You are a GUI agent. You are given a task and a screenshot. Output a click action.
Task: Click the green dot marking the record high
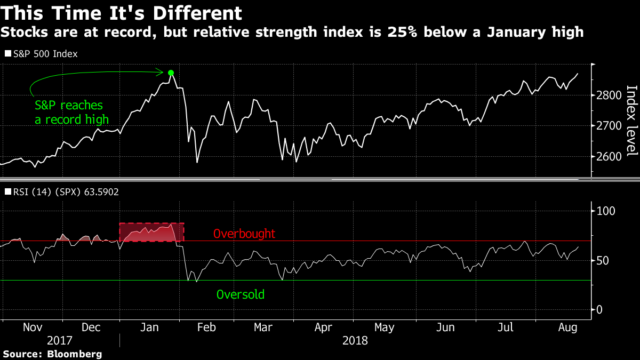(171, 73)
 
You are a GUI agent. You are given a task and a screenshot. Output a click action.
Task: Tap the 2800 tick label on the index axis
(609, 95)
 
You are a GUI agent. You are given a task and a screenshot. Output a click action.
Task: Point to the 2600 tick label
(609, 157)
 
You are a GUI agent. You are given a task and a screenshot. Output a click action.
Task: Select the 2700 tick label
(609, 126)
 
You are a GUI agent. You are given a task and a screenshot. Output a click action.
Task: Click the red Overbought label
(244, 234)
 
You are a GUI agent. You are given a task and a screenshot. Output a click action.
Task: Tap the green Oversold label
(241, 294)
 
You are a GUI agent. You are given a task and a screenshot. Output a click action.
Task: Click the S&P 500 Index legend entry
(42, 54)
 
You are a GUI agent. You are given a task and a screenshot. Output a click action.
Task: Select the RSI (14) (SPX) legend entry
(62, 191)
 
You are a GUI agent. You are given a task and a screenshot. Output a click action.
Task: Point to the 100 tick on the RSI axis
(606, 211)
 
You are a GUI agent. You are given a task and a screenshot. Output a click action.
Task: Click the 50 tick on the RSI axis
(603, 261)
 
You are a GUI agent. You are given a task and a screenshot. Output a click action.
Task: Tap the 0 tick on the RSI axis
(599, 310)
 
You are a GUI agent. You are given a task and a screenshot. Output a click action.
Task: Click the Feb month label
(206, 327)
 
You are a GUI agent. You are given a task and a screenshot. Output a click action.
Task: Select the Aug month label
(567, 327)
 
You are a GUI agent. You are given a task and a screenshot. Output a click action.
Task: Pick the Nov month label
(33, 327)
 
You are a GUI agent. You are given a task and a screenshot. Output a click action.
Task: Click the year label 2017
(59, 341)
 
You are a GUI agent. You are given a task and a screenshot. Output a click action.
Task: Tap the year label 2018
(355, 341)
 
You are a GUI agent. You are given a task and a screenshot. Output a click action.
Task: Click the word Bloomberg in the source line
(75, 354)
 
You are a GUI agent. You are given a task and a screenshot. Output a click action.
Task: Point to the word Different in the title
(197, 13)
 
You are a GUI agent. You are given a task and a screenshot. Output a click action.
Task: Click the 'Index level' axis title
(631, 121)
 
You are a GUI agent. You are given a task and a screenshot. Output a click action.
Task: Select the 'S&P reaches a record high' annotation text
(71, 113)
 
